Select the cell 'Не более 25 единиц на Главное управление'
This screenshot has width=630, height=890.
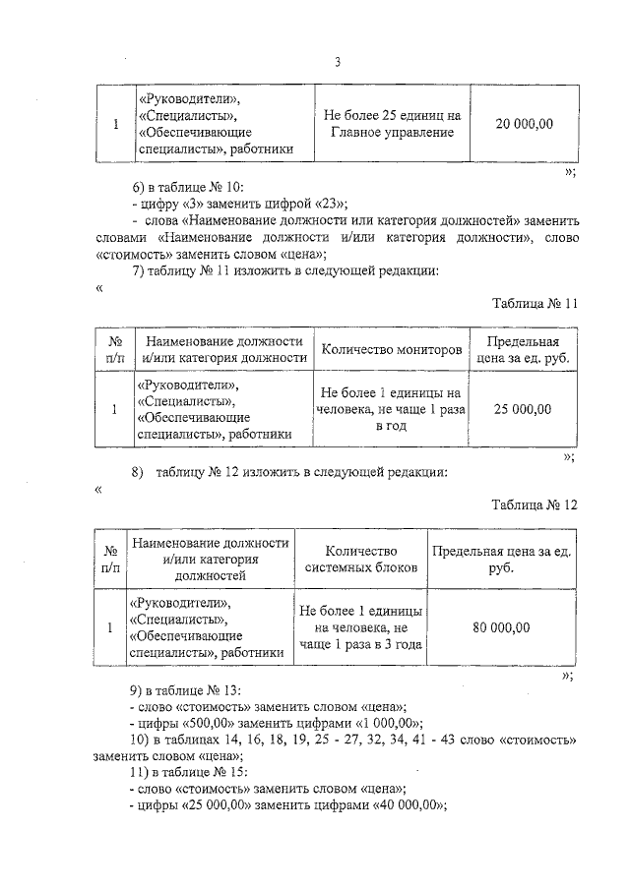[392, 124]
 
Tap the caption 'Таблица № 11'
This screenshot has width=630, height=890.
[534, 303]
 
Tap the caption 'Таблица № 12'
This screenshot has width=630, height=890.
[534, 504]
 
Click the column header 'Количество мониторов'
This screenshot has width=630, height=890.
[391, 349]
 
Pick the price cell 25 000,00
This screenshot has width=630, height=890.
[523, 409]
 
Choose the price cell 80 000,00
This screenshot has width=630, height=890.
[501, 627]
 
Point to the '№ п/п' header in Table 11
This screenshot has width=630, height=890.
[114, 349]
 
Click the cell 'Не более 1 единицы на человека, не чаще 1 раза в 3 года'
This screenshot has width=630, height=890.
[361, 627]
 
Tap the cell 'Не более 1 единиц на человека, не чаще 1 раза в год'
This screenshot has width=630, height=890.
[391, 409]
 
